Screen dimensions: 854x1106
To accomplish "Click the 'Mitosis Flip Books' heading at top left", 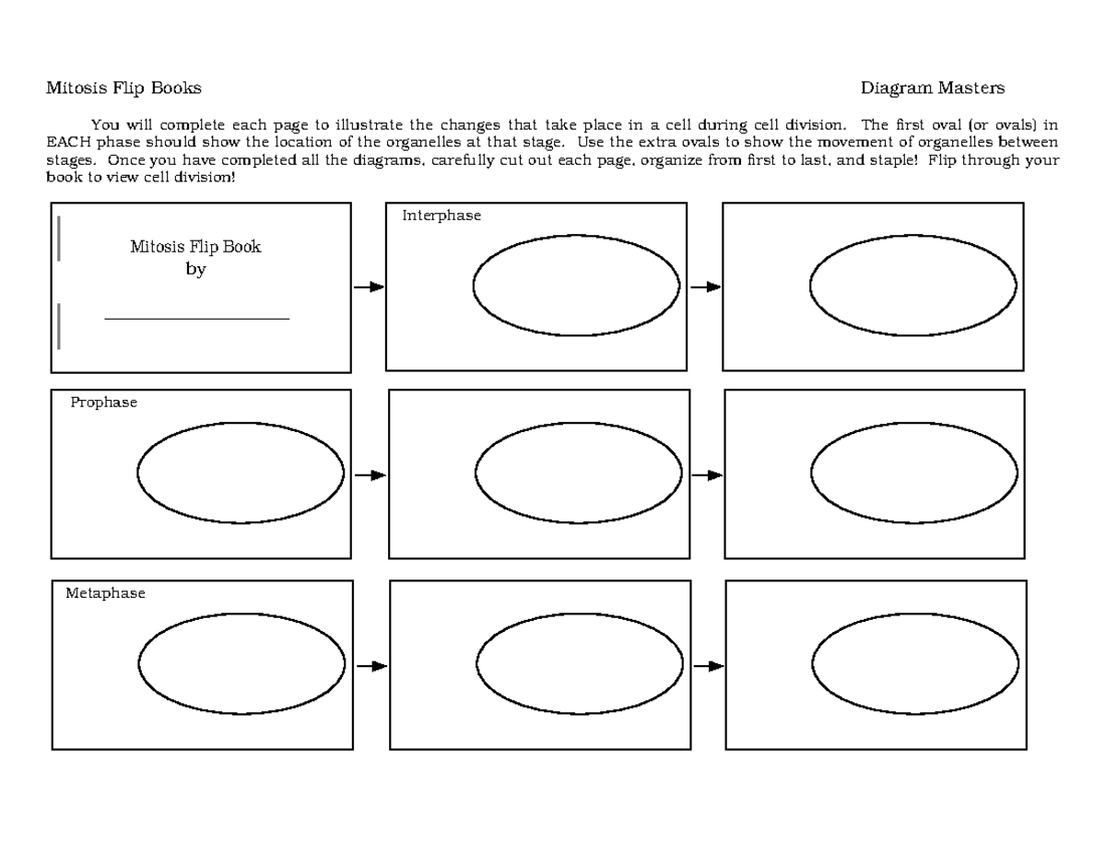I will [124, 88].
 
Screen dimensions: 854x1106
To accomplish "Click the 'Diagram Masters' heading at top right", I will [932, 88].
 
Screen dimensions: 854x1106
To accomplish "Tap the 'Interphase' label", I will [441, 216].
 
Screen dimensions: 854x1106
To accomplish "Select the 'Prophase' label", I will [103, 403].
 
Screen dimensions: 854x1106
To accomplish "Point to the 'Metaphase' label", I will [105, 594].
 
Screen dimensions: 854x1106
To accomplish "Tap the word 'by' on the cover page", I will [195, 270].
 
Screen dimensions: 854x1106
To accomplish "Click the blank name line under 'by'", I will [197, 319].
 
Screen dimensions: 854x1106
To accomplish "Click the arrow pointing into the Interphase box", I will [369, 287].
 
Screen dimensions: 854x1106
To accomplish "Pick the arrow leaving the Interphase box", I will [705, 287].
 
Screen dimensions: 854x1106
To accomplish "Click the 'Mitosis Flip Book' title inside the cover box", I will [195, 247].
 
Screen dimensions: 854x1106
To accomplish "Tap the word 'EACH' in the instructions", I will [65, 142].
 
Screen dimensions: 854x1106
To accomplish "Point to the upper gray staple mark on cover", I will [59, 239].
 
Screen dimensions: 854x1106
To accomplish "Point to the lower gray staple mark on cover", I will [59, 326].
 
